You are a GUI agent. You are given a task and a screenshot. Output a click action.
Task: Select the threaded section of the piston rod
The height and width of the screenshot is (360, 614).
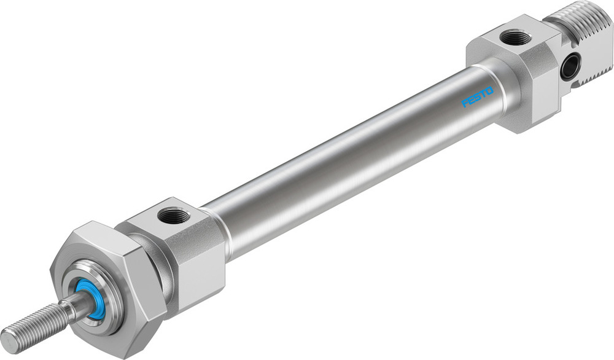coord(34,323)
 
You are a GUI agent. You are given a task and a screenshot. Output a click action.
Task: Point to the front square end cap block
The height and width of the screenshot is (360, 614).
coord(184,246)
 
